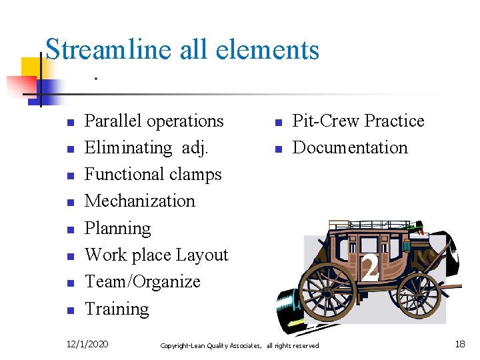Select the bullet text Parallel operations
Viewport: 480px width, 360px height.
154,121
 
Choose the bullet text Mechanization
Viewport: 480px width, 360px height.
140,201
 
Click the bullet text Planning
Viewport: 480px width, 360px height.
118,229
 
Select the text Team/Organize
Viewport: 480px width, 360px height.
143,282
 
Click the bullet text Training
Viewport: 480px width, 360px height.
117,309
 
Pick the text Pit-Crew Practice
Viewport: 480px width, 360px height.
358,121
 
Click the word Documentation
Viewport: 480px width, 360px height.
350,148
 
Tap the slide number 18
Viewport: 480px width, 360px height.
460,344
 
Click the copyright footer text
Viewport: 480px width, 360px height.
239,345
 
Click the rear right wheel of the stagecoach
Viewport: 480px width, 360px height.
419,295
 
